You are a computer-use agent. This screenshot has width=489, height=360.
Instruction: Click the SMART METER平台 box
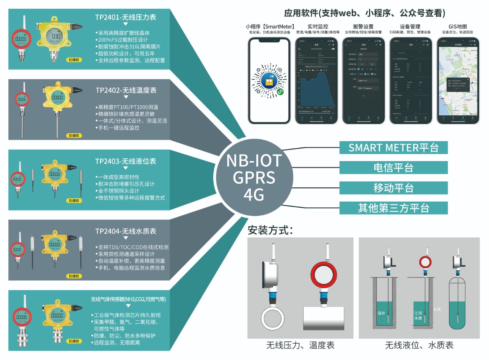pos(393,147)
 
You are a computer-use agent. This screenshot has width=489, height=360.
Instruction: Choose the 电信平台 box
pos(393,168)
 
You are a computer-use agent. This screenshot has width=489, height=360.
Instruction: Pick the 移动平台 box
pos(393,188)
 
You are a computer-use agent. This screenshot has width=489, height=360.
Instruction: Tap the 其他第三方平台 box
pos(393,208)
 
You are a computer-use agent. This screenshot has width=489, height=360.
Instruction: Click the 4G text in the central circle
pos(254,195)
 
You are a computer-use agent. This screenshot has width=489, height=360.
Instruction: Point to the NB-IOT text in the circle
pos(254,161)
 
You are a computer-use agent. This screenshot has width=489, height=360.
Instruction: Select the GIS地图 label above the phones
pos(458,26)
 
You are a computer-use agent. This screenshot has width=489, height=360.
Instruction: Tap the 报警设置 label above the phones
pos(363,26)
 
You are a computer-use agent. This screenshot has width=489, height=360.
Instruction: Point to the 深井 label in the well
pos(381,313)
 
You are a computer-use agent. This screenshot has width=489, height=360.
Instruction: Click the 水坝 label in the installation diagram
pos(437,309)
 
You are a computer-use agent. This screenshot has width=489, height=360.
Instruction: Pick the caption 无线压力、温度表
pos(300,345)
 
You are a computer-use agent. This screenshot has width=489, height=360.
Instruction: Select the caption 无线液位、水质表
pos(419,345)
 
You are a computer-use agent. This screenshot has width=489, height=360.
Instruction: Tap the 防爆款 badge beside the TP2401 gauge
pos(74,60)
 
